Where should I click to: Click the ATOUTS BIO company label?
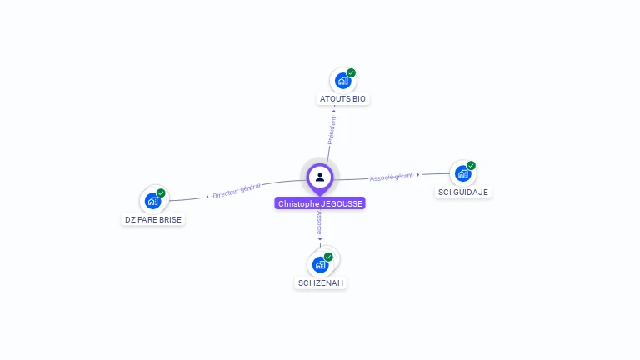[342, 99]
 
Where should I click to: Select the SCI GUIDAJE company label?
[463, 192]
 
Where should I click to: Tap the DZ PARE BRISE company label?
[153, 219]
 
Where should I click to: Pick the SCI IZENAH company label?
[321, 282]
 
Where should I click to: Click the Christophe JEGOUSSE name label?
[320, 203]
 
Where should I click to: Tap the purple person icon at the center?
[320, 177]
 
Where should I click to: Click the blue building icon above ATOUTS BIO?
[342, 81]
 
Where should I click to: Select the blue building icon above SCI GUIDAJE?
[462, 173]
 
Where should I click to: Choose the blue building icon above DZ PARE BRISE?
[152, 201]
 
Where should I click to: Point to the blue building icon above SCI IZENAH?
[320, 265]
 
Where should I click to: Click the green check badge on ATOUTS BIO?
[352, 73]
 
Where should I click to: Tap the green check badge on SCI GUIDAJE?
[472, 165]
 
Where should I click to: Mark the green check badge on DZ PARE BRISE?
[161, 193]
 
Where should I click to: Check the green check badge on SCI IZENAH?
[328, 257]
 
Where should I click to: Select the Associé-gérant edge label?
[392, 177]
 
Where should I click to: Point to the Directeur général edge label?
[237, 191]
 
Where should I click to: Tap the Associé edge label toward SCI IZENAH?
[319, 222]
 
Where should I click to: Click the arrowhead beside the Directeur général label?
[207, 197]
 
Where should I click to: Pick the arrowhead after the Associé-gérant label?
[418, 175]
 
